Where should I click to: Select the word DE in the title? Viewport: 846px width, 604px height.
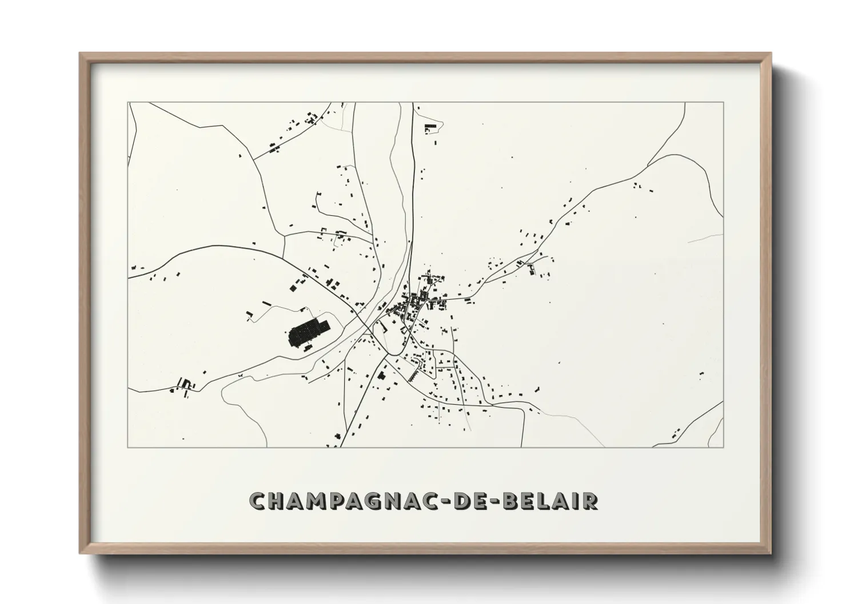tap(469, 501)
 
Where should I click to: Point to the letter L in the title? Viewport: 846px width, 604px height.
tap(545, 501)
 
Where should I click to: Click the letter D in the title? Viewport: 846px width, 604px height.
tap(461, 501)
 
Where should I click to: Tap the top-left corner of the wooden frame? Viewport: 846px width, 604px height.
tap(81, 54)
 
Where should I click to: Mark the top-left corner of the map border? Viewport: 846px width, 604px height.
tap(128, 103)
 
